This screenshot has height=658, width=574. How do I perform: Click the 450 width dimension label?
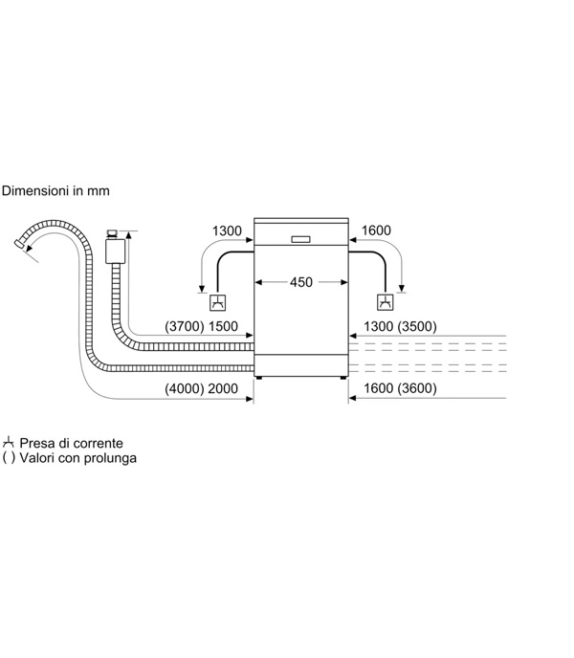point(301,282)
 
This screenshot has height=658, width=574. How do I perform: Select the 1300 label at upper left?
point(227,230)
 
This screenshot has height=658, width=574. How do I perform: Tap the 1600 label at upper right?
point(376,230)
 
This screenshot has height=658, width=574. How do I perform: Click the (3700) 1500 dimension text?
point(201,326)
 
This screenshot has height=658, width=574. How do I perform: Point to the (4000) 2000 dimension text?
point(201,388)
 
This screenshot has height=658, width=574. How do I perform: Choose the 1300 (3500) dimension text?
point(400,326)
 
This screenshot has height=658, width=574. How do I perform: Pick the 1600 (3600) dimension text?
point(400,388)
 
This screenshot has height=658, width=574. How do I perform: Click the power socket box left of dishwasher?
point(217,302)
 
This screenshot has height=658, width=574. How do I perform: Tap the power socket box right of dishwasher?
point(385,302)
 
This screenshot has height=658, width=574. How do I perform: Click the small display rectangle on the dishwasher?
point(300,239)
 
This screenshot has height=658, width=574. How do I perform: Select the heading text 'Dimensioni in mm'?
point(55,191)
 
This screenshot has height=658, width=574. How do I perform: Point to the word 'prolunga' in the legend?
point(110,457)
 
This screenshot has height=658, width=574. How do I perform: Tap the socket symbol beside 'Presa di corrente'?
point(9,442)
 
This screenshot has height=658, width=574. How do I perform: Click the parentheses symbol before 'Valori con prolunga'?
point(9,457)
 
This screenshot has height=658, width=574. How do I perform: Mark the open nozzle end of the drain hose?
point(19,243)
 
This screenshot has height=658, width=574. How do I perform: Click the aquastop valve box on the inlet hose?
point(115,251)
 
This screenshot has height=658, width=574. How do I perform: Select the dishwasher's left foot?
point(258,378)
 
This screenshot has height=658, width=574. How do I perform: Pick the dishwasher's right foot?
point(343,378)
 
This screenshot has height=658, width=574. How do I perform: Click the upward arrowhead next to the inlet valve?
point(128,234)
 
